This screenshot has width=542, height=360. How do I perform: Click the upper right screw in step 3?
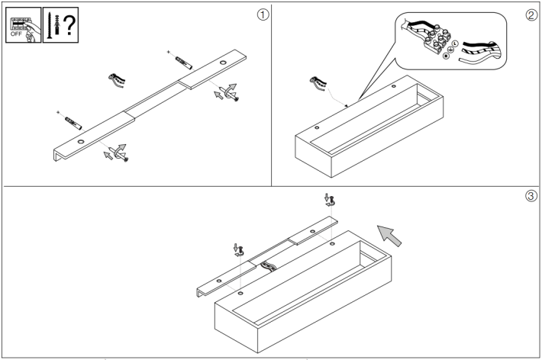pyautogui.click(x=330, y=201)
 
